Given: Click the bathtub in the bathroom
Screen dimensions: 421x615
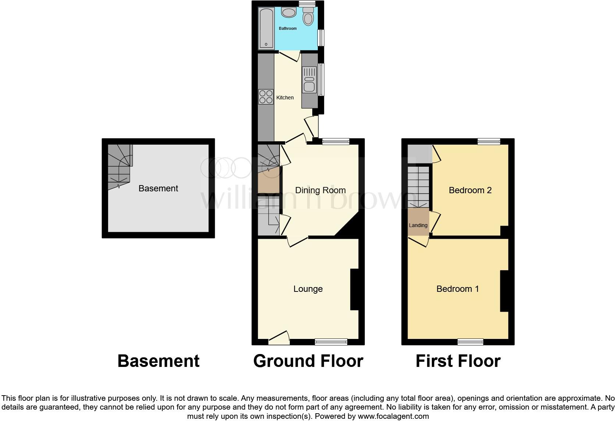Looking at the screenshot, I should [266, 29].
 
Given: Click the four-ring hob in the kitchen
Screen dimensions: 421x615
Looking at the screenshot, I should [266, 97].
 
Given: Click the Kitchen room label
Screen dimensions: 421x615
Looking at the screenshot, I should [285, 98].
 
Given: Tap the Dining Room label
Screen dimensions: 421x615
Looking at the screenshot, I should [320, 190].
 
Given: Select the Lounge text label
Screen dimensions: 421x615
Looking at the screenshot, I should [308, 289].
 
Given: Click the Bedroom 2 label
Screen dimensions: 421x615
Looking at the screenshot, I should [470, 190].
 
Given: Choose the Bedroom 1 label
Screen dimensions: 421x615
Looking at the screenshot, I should [458, 289].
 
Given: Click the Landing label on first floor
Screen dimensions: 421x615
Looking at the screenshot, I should [418, 225].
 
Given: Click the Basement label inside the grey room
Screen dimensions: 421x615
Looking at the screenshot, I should [158, 188].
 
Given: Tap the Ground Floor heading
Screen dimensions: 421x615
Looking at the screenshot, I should [308, 361].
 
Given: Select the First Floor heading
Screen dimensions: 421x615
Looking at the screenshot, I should [458, 361].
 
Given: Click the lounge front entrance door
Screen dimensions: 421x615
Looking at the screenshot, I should [279, 338].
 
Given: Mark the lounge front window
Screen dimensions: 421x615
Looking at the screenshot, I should [331, 342].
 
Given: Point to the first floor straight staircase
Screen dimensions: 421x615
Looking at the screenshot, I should [419, 187].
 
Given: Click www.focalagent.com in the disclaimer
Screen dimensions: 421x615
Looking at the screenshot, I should [393, 417].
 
